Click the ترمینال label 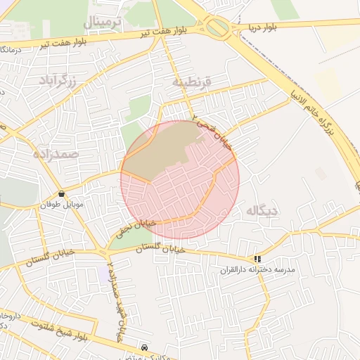pyautogui.click(x=103, y=22)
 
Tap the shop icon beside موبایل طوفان pyautogui.click(x=62, y=193)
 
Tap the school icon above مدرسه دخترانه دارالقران pyautogui.click(x=258, y=259)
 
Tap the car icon pyautogui.click(x=144, y=347)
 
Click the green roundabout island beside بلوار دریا pyautogui.click(x=218, y=28)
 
